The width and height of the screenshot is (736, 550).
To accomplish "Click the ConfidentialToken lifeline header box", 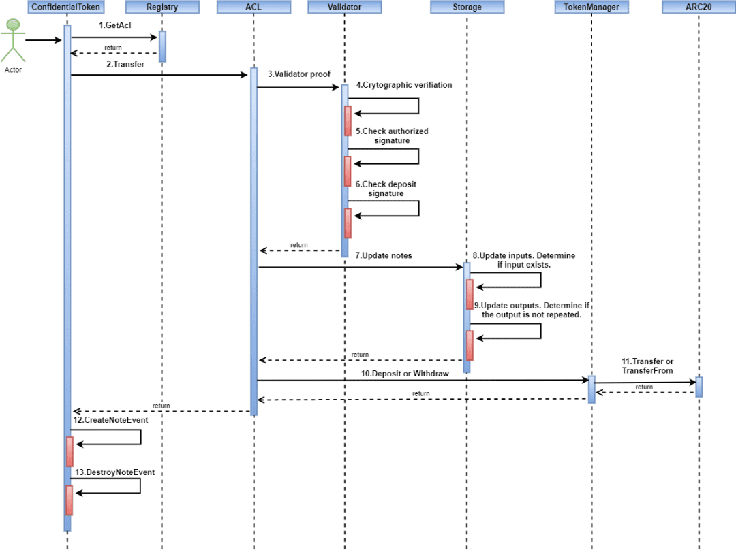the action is (65, 7).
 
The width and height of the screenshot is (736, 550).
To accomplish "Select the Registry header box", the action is (162, 7).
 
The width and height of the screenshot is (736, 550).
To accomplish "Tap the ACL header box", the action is (254, 7).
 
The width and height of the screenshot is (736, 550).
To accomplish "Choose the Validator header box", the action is (345, 7).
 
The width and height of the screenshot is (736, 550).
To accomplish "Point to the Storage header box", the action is (467, 7).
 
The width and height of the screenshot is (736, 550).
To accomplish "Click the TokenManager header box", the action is (592, 7).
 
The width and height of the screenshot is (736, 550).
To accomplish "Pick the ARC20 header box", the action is (699, 7).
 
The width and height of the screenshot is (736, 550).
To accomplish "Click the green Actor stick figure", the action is (13, 40).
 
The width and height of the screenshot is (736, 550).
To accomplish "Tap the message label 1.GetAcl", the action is (115, 25).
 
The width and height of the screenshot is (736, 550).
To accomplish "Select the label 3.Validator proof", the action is (299, 74).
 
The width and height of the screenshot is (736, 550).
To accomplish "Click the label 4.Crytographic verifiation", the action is (403, 85).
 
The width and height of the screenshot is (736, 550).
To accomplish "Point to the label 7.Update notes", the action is (384, 255).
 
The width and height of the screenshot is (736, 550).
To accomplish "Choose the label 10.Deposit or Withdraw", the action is (405, 374).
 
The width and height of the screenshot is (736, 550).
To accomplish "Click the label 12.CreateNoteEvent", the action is (111, 420).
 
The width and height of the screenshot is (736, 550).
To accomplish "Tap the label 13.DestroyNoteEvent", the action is (115, 472).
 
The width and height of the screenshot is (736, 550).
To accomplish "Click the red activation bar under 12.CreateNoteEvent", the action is (70, 451).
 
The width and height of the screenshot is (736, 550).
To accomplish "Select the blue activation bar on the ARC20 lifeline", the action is (699, 387).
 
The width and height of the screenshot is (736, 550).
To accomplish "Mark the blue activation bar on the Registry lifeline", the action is (162, 46).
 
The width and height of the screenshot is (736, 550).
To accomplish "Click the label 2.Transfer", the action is (125, 64).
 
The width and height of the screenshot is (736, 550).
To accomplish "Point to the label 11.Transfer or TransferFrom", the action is (647, 366).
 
